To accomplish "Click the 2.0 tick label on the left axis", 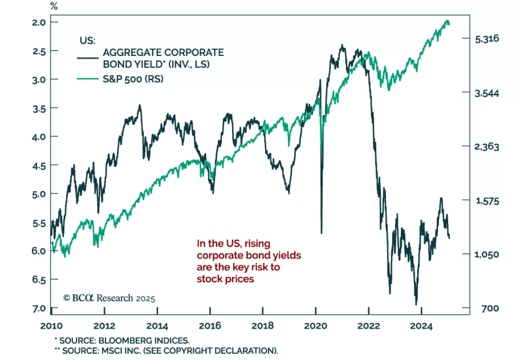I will [x=39, y=22].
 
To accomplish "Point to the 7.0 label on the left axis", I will [x=39, y=308].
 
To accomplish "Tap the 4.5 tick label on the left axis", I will [x=39, y=166].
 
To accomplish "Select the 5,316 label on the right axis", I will [x=487, y=39].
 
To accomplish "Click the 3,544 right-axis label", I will [x=487, y=94].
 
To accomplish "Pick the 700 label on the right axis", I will [x=490, y=308].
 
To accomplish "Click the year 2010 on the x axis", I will [x=51, y=326].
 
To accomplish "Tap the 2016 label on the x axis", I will [x=210, y=326].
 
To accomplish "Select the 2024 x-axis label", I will [x=421, y=326].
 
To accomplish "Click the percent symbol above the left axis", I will [x=54, y=6].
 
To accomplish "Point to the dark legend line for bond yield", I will [x=87, y=58].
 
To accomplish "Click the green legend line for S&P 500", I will [x=87, y=79].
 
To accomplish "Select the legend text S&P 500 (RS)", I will [x=133, y=79].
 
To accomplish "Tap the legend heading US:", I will [x=87, y=41].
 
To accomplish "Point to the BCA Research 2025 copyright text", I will [x=109, y=298].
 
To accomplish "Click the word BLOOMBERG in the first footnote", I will [x=125, y=340].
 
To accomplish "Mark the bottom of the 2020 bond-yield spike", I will [x=321, y=233].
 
